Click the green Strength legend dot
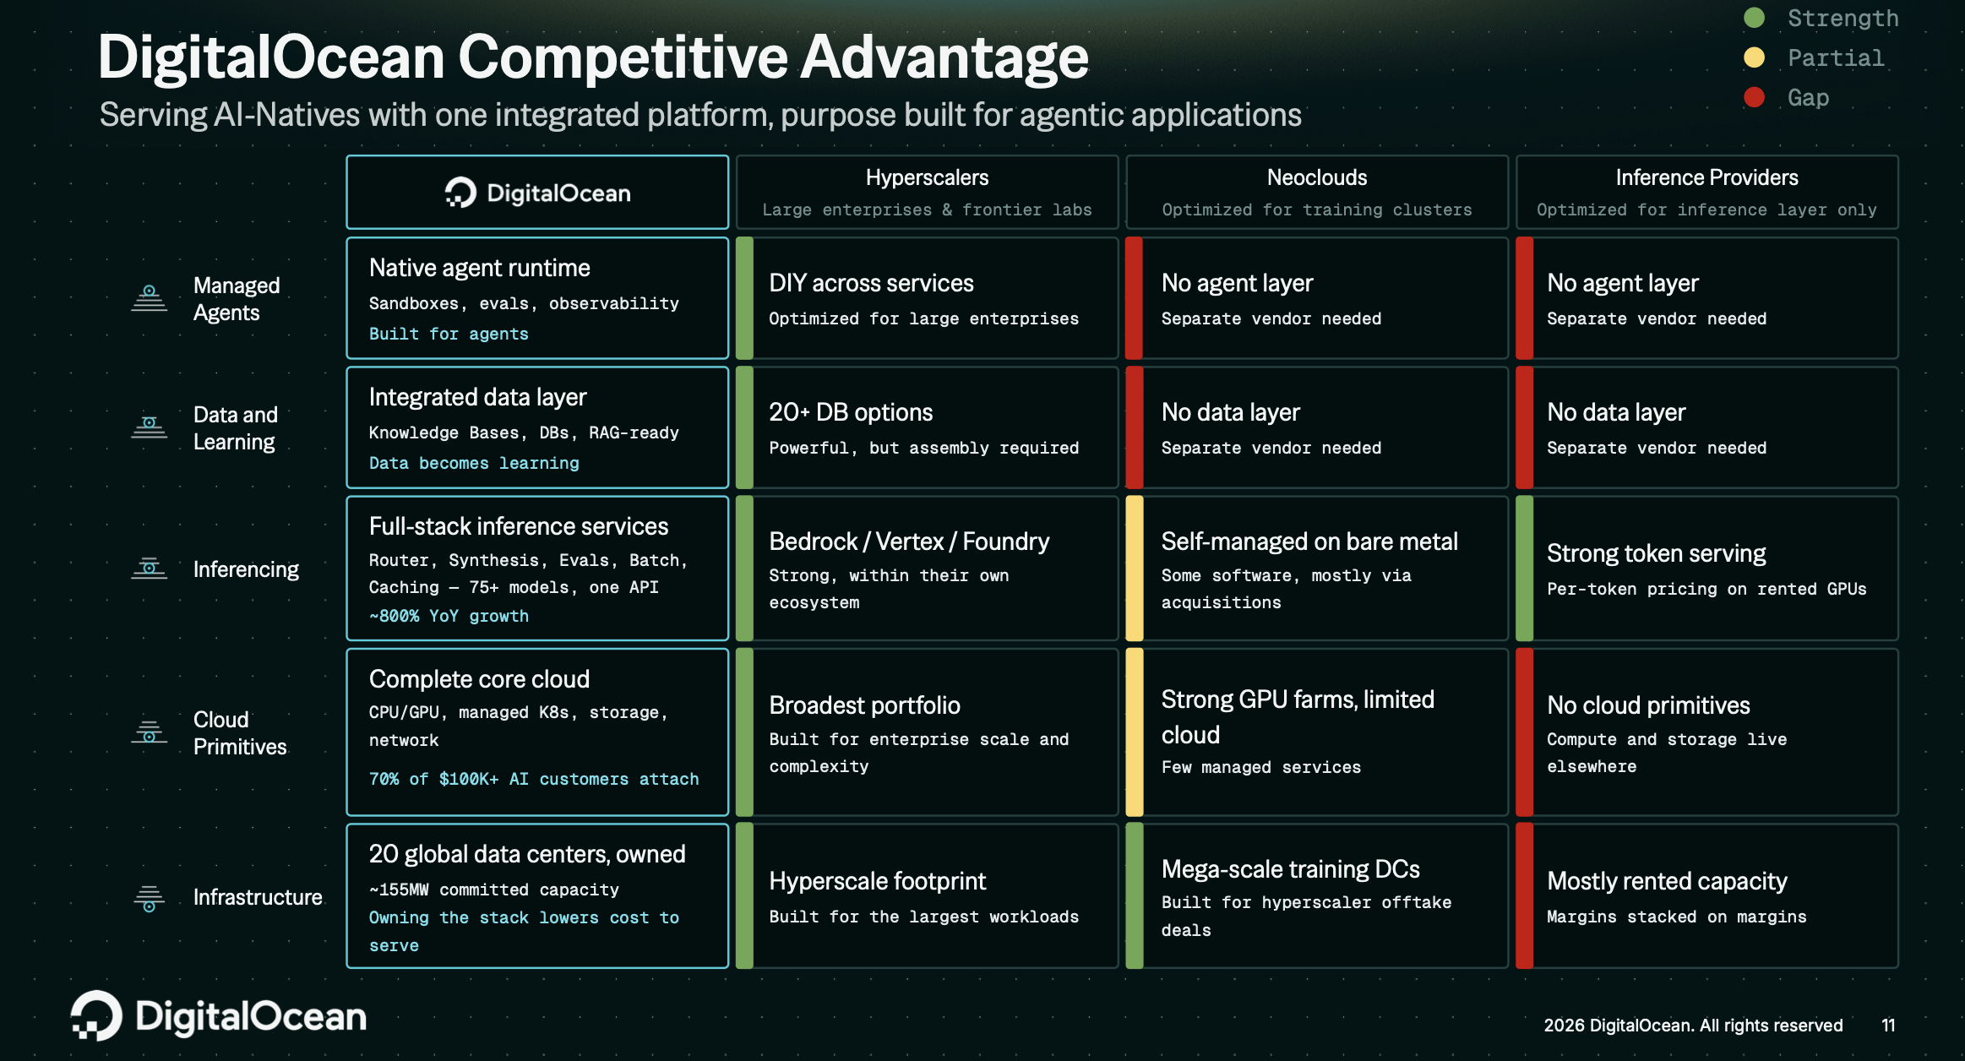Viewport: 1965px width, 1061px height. (x=1754, y=18)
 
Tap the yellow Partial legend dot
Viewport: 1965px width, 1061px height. (x=1754, y=57)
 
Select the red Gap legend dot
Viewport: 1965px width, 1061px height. (x=1754, y=97)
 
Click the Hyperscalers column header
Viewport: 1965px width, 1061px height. (x=927, y=177)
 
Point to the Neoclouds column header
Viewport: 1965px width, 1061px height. (x=1317, y=177)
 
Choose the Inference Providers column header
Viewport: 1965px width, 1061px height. (x=1706, y=177)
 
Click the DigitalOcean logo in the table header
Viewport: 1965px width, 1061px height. (x=537, y=193)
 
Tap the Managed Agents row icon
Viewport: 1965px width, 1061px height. (x=150, y=298)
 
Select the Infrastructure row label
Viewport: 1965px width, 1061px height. (x=258, y=897)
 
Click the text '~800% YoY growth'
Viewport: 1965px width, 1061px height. (x=449, y=616)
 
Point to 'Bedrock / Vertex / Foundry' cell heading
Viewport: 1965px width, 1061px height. (x=909, y=541)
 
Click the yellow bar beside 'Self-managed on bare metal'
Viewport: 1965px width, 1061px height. (x=1135, y=569)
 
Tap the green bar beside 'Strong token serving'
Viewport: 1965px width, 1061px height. (x=1525, y=569)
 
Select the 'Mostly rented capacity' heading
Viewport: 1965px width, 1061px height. (x=1667, y=881)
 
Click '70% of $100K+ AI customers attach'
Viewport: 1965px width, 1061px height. (x=534, y=779)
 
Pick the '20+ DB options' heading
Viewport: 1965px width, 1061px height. (x=851, y=412)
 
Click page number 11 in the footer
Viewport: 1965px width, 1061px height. (x=1888, y=1026)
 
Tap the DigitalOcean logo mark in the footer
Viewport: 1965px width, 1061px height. (x=96, y=1015)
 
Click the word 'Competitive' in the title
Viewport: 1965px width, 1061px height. (x=623, y=57)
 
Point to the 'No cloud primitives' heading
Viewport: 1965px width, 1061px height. (x=1648, y=705)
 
